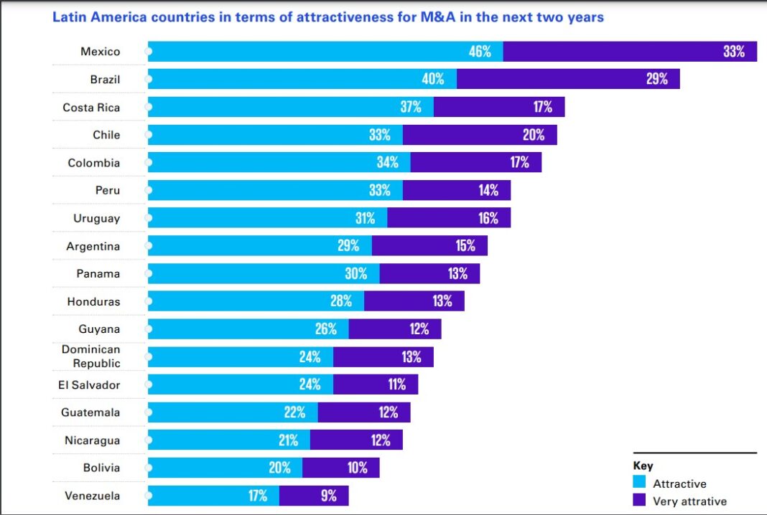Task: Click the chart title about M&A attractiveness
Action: (x=328, y=16)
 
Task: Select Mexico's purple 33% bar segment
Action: (x=630, y=52)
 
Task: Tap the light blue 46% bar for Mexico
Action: (x=325, y=52)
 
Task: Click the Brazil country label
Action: (x=105, y=80)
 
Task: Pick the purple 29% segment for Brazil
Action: (x=567, y=80)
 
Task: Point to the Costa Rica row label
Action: (x=91, y=108)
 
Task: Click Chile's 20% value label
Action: (x=534, y=135)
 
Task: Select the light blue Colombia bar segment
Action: (x=279, y=163)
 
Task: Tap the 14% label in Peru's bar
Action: (x=488, y=191)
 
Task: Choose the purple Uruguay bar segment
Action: (x=449, y=218)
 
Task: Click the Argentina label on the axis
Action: (x=93, y=246)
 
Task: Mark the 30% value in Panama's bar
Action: (x=356, y=274)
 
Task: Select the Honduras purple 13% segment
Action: (x=414, y=301)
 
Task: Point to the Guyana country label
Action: (x=99, y=329)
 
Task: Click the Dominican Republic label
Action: (x=91, y=356)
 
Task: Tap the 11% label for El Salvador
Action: (x=397, y=384)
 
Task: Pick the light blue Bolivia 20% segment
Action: (x=225, y=468)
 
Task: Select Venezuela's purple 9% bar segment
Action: (x=313, y=496)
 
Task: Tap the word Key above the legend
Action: (x=643, y=466)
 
